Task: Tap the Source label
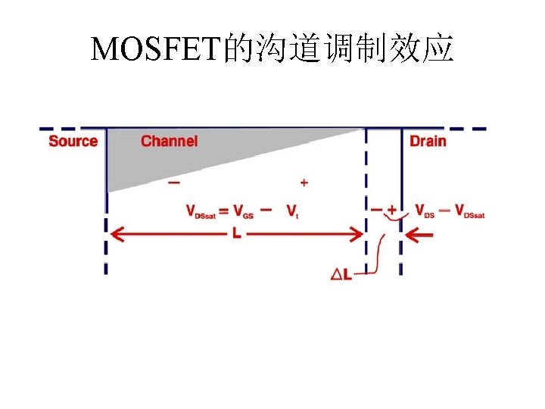[x=73, y=141]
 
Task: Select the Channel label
[x=170, y=141]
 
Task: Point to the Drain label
[x=428, y=141]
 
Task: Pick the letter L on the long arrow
[x=237, y=235]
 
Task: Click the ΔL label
[x=342, y=275]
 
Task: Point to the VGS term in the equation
[x=244, y=211]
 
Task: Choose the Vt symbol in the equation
[x=292, y=211]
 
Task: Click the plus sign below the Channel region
[x=304, y=183]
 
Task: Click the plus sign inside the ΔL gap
[x=392, y=210]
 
